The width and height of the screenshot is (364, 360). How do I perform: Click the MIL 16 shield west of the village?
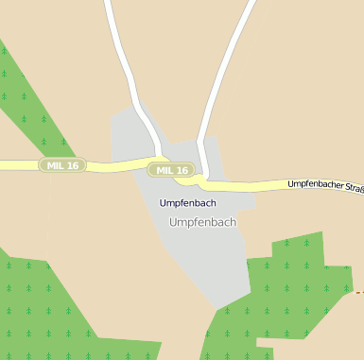(62, 165)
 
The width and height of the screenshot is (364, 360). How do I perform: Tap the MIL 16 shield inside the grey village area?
(173, 170)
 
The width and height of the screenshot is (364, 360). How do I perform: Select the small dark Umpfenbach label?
(187, 203)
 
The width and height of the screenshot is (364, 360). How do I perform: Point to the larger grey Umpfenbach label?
(201, 222)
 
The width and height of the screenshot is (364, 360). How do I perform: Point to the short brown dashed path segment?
(358, 293)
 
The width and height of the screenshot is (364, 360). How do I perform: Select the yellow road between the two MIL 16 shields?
(118, 166)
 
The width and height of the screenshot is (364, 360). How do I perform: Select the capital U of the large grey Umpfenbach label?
(172, 222)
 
